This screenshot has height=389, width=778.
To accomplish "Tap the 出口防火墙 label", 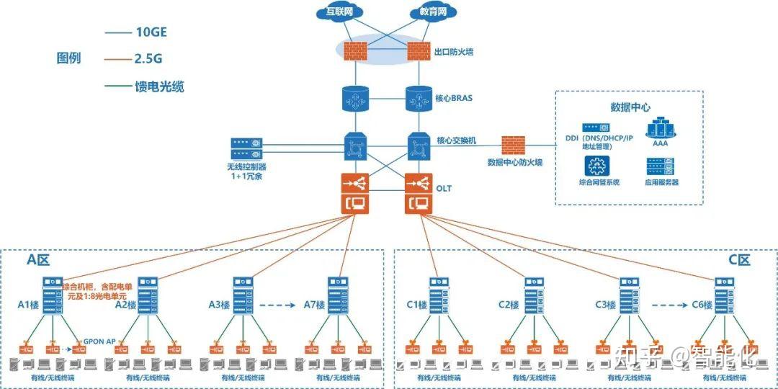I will [454, 52].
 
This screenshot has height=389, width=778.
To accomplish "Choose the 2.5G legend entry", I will [148, 59].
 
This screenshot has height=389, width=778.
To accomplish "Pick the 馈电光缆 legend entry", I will [159, 86].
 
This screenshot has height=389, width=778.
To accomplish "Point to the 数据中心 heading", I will [630, 107].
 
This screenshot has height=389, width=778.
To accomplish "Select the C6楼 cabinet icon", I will [724, 297].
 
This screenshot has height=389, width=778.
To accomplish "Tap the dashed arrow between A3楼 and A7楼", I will [277, 305].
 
